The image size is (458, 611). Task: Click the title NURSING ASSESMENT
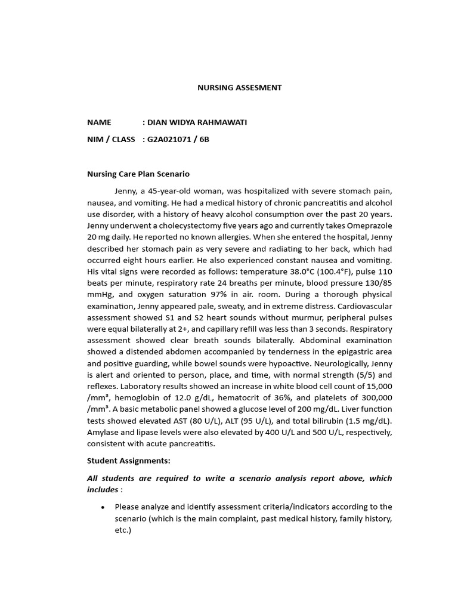click(x=239, y=88)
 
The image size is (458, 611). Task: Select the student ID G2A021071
click(x=172, y=140)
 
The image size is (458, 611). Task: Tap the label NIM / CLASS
click(x=111, y=140)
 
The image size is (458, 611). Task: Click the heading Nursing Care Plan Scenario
click(x=138, y=174)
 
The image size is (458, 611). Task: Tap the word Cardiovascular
click(x=363, y=306)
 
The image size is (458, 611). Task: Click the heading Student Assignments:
click(x=128, y=461)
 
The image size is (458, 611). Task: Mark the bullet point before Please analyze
click(x=103, y=507)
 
